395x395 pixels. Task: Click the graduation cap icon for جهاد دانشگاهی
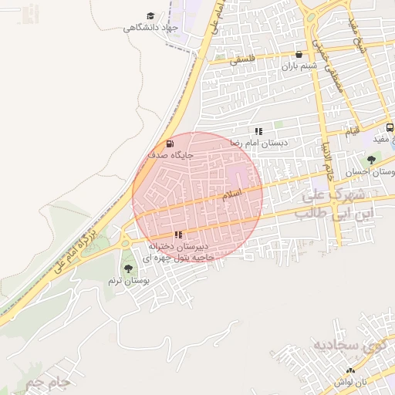coord(150,16)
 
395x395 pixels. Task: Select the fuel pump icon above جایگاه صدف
coord(170,143)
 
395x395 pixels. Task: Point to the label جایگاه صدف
coord(170,155)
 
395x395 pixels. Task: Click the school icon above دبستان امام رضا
coord(258,132)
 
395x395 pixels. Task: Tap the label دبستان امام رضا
coord(259,143)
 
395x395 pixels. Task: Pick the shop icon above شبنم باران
coord(299,55)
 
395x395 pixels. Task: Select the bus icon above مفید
coord(390,127)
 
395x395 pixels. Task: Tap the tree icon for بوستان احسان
coord(372,160)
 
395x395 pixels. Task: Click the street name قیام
coord(352,133)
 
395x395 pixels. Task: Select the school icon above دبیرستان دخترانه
coord(178,234)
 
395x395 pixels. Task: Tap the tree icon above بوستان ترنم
coord(128,268)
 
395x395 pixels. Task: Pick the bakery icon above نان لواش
coord(351,371)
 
